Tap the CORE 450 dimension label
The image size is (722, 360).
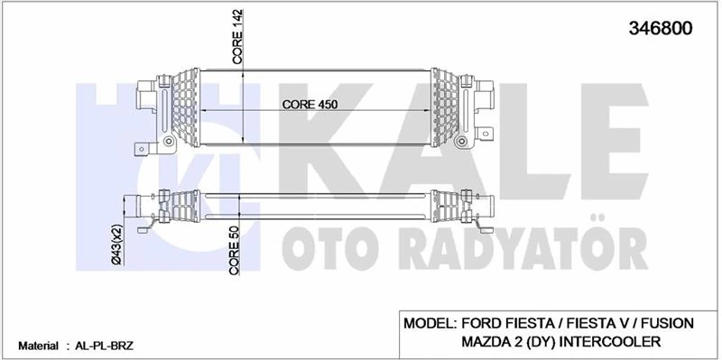310,104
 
